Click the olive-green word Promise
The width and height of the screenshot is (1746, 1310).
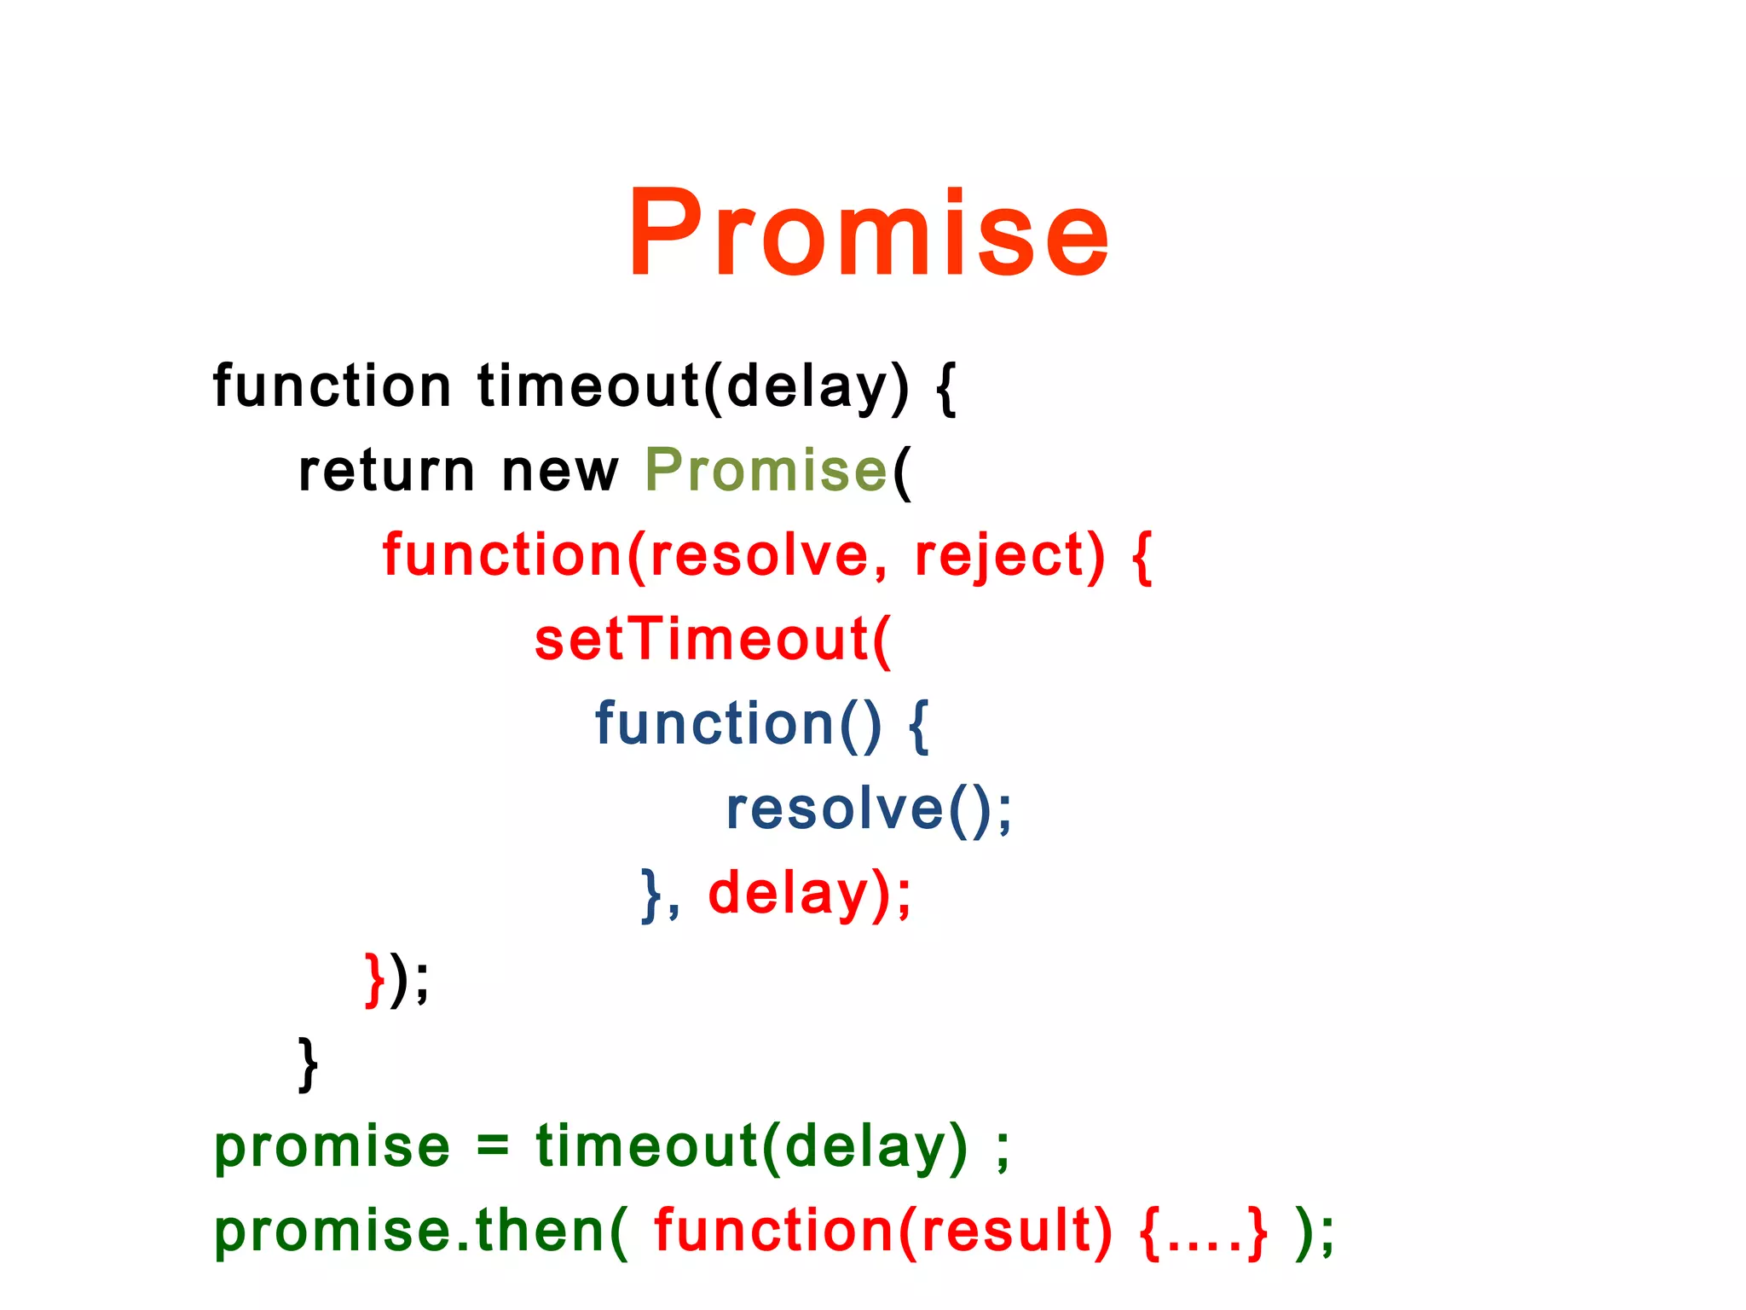tap(766, 470)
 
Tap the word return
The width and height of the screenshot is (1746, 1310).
tap(385, 470)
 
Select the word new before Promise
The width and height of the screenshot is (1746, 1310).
tap(559, 472)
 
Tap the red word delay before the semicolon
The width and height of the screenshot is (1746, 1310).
tap(788, 893)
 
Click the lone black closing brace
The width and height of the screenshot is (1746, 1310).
tap(308, 1064)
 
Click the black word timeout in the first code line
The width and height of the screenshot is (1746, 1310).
tap(589, 385)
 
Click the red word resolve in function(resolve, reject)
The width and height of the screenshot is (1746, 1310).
tap(760, 556)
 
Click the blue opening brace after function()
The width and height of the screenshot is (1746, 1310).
tap(918, 725)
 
